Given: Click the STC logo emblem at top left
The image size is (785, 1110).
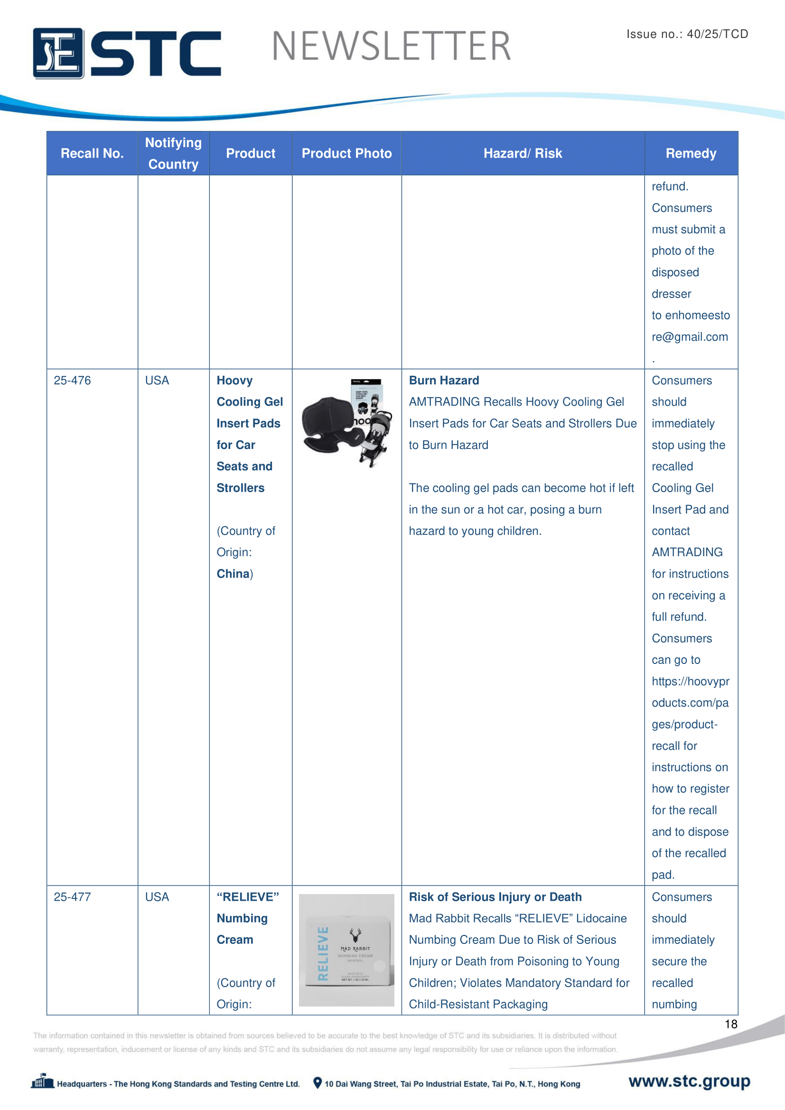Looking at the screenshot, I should click(x=58, y=53).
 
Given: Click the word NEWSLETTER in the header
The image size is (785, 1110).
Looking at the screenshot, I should click(x=391, y=47).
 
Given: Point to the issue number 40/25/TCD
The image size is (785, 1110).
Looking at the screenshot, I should click(x=717, y=34).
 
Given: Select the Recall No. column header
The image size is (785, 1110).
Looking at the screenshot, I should click(x=92, y=153).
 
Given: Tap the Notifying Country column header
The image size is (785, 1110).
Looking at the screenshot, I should click(x=173, y=153).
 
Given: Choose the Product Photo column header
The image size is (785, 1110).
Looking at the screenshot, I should click(x=346, y=153).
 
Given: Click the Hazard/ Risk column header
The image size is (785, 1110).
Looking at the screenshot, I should click(x=523, y=153).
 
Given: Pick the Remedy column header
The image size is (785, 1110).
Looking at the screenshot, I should click(x=691, y=153).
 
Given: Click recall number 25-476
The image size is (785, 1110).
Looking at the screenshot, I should click(x=72, y=381).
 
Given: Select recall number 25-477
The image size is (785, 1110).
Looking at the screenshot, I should click(x=72, y=897).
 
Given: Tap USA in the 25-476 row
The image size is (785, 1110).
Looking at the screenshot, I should click(x=157, y=381).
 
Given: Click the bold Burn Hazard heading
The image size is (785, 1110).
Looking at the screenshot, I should click(x=444, y=381).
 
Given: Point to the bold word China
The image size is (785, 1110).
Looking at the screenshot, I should click(x=233, y=574).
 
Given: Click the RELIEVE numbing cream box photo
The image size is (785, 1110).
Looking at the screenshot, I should click(x=346, y=950).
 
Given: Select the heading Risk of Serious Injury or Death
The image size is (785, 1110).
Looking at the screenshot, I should click(x=495, y=897).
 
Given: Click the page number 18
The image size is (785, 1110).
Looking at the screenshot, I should click(x=730, y=1024).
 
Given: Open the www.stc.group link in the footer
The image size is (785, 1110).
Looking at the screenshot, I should click(x=689, y=1081).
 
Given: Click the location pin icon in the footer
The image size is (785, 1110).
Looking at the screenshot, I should click(x=317, y=1083).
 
